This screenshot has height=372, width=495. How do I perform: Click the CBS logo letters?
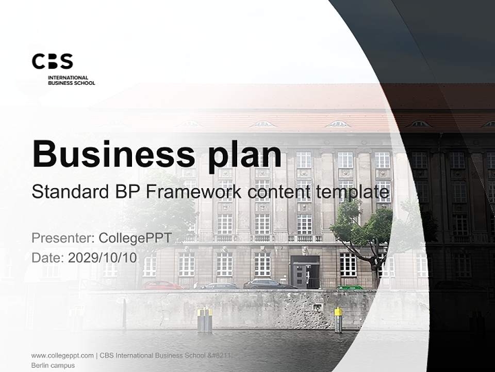52,61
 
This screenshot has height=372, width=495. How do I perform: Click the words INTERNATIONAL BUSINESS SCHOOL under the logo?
71,80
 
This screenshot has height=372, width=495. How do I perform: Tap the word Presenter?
62,238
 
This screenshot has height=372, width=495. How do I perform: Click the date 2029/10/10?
103,258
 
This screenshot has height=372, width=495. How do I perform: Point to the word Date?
47,258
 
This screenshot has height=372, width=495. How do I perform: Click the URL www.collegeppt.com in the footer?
62,355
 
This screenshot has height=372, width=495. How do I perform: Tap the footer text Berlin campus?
53,365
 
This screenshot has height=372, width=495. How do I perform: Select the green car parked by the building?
350,287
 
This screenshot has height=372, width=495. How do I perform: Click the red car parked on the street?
162,285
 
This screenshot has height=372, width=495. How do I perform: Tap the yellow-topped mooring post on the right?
338,319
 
